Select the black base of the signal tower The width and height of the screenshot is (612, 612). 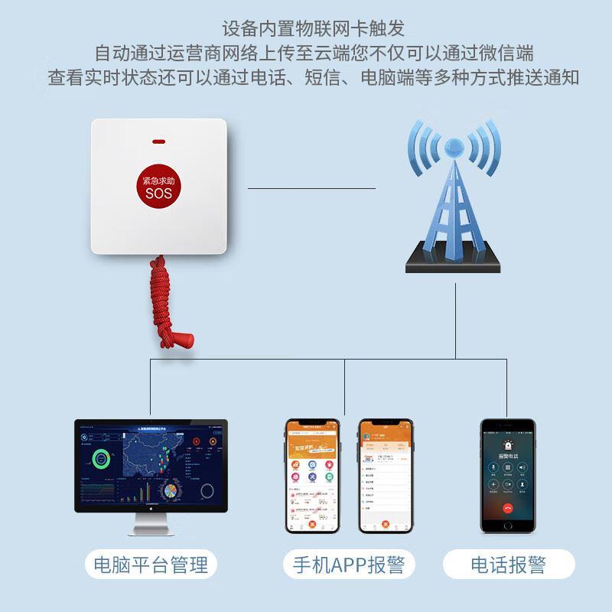454,260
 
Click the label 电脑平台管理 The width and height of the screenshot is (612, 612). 150,566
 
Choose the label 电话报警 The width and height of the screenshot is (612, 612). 508,566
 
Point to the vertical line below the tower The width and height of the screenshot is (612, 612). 456,321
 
